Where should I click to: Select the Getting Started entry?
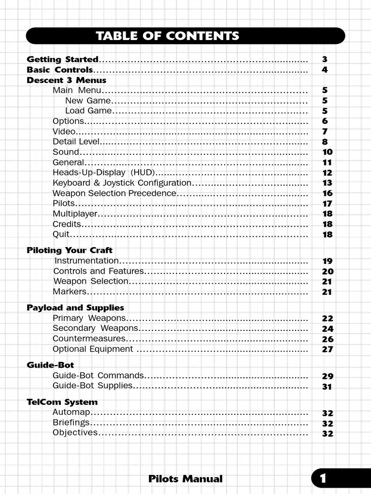point(62,59)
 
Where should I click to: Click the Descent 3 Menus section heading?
point(66,80)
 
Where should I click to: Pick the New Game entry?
point(88,101)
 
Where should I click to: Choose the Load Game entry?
point(88,111)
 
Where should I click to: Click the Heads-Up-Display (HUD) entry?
point(104,173)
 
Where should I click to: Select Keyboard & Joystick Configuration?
point(122,183)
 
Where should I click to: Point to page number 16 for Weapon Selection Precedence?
point(327,193)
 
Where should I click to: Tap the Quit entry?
point(61,234)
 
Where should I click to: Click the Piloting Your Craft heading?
point(69,250)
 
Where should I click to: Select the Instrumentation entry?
point(86,261)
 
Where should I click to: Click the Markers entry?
point(69,292)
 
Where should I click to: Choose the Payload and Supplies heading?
point(75,308)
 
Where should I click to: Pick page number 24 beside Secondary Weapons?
point(327,329)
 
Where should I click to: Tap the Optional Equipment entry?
point(93,349)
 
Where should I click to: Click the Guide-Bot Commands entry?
point(98,375)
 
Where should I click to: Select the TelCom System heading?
point(62,402)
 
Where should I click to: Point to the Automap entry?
point(71,413)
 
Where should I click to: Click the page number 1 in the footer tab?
point(323,479)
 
